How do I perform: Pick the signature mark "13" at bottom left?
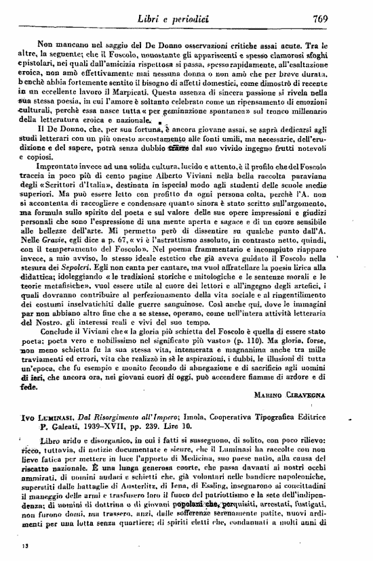click(x=26, y=543)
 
